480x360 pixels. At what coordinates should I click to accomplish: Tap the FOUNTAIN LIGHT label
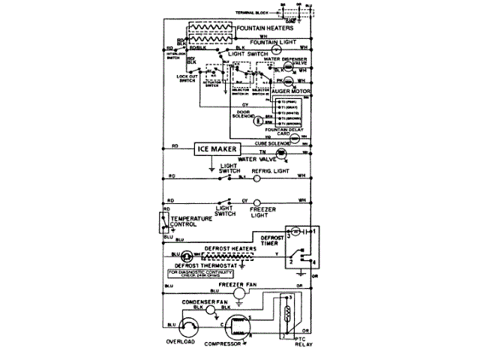pos(268,43)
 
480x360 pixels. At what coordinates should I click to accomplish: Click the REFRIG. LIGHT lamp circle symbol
pos(256,178)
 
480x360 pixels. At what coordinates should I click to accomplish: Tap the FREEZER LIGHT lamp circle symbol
pos(256,202)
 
